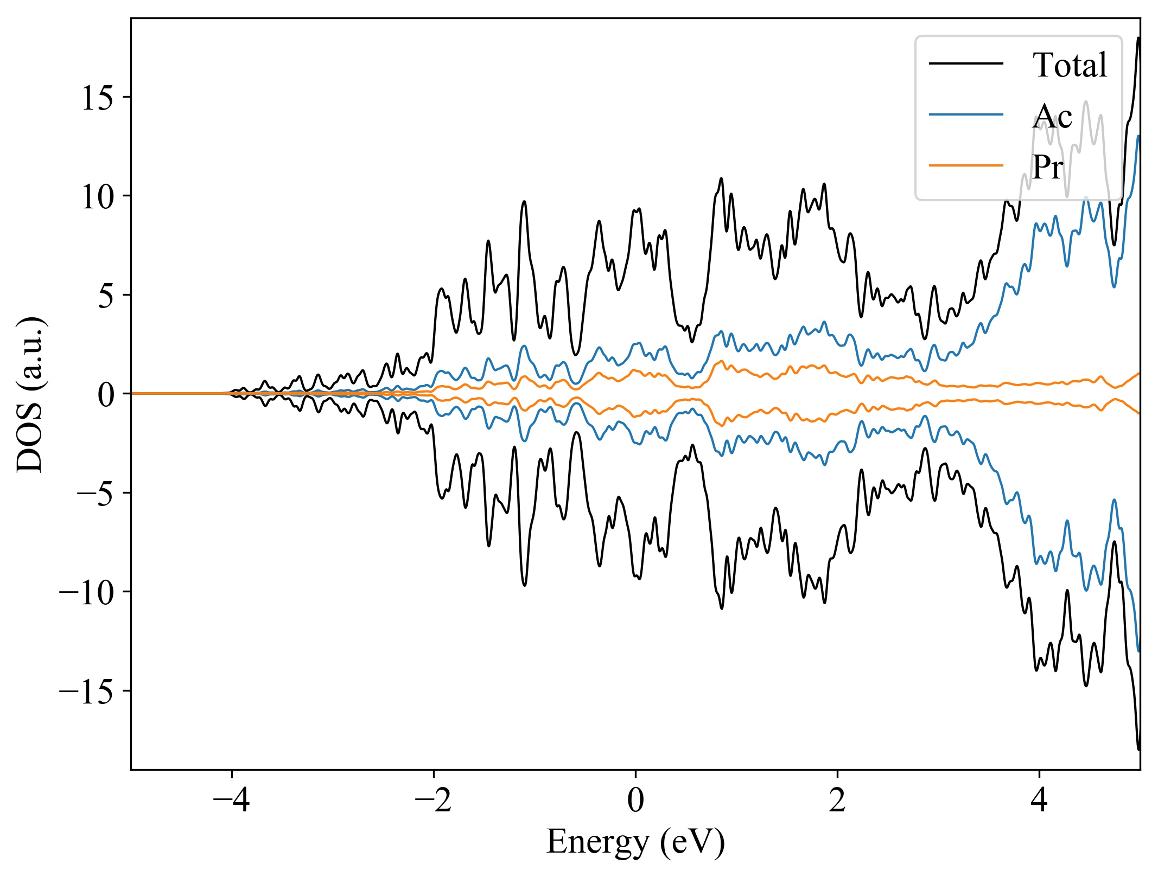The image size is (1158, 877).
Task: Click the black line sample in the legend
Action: (966, 64)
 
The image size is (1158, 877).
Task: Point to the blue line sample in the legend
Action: (966, 114)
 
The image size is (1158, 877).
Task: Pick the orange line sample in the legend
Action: (966, 165)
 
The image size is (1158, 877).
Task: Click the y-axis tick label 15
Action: (98, 98)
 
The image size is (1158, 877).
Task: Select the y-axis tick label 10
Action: (98, 197)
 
